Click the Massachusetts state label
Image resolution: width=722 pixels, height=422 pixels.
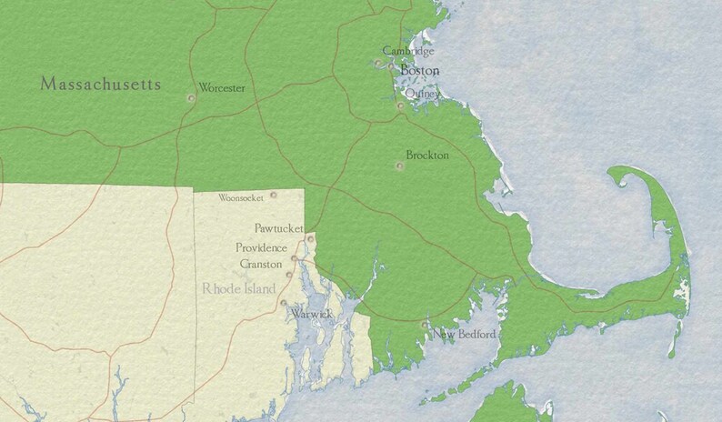coord(101,85)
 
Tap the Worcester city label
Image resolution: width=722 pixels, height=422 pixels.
coord(222,88)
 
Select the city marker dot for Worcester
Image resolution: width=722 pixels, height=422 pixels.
coord(191,97)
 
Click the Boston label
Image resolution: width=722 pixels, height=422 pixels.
coord(419,70)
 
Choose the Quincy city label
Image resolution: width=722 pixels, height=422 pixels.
coord(422,93)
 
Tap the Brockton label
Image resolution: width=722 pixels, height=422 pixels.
coord(427,156)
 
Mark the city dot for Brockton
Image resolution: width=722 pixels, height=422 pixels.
coord(399,166)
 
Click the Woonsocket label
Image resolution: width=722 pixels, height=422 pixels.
coord(241,197)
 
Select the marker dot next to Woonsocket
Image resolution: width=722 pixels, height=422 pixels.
coord(273,195)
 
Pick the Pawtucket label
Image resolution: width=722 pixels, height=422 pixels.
coord(278,228)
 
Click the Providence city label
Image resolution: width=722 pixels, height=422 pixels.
coord(261,247)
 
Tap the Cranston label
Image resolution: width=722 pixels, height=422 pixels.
coord(261,264)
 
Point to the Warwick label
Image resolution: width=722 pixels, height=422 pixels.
coord(311,314)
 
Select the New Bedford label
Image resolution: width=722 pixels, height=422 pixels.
coord(465,335)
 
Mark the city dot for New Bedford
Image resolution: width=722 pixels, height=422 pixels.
coord(425,324)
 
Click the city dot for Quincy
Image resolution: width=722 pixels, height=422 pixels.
coord(400,106)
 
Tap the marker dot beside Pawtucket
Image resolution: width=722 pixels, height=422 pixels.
coord(310,238)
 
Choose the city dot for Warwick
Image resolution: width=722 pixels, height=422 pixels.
coord(284,303)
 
